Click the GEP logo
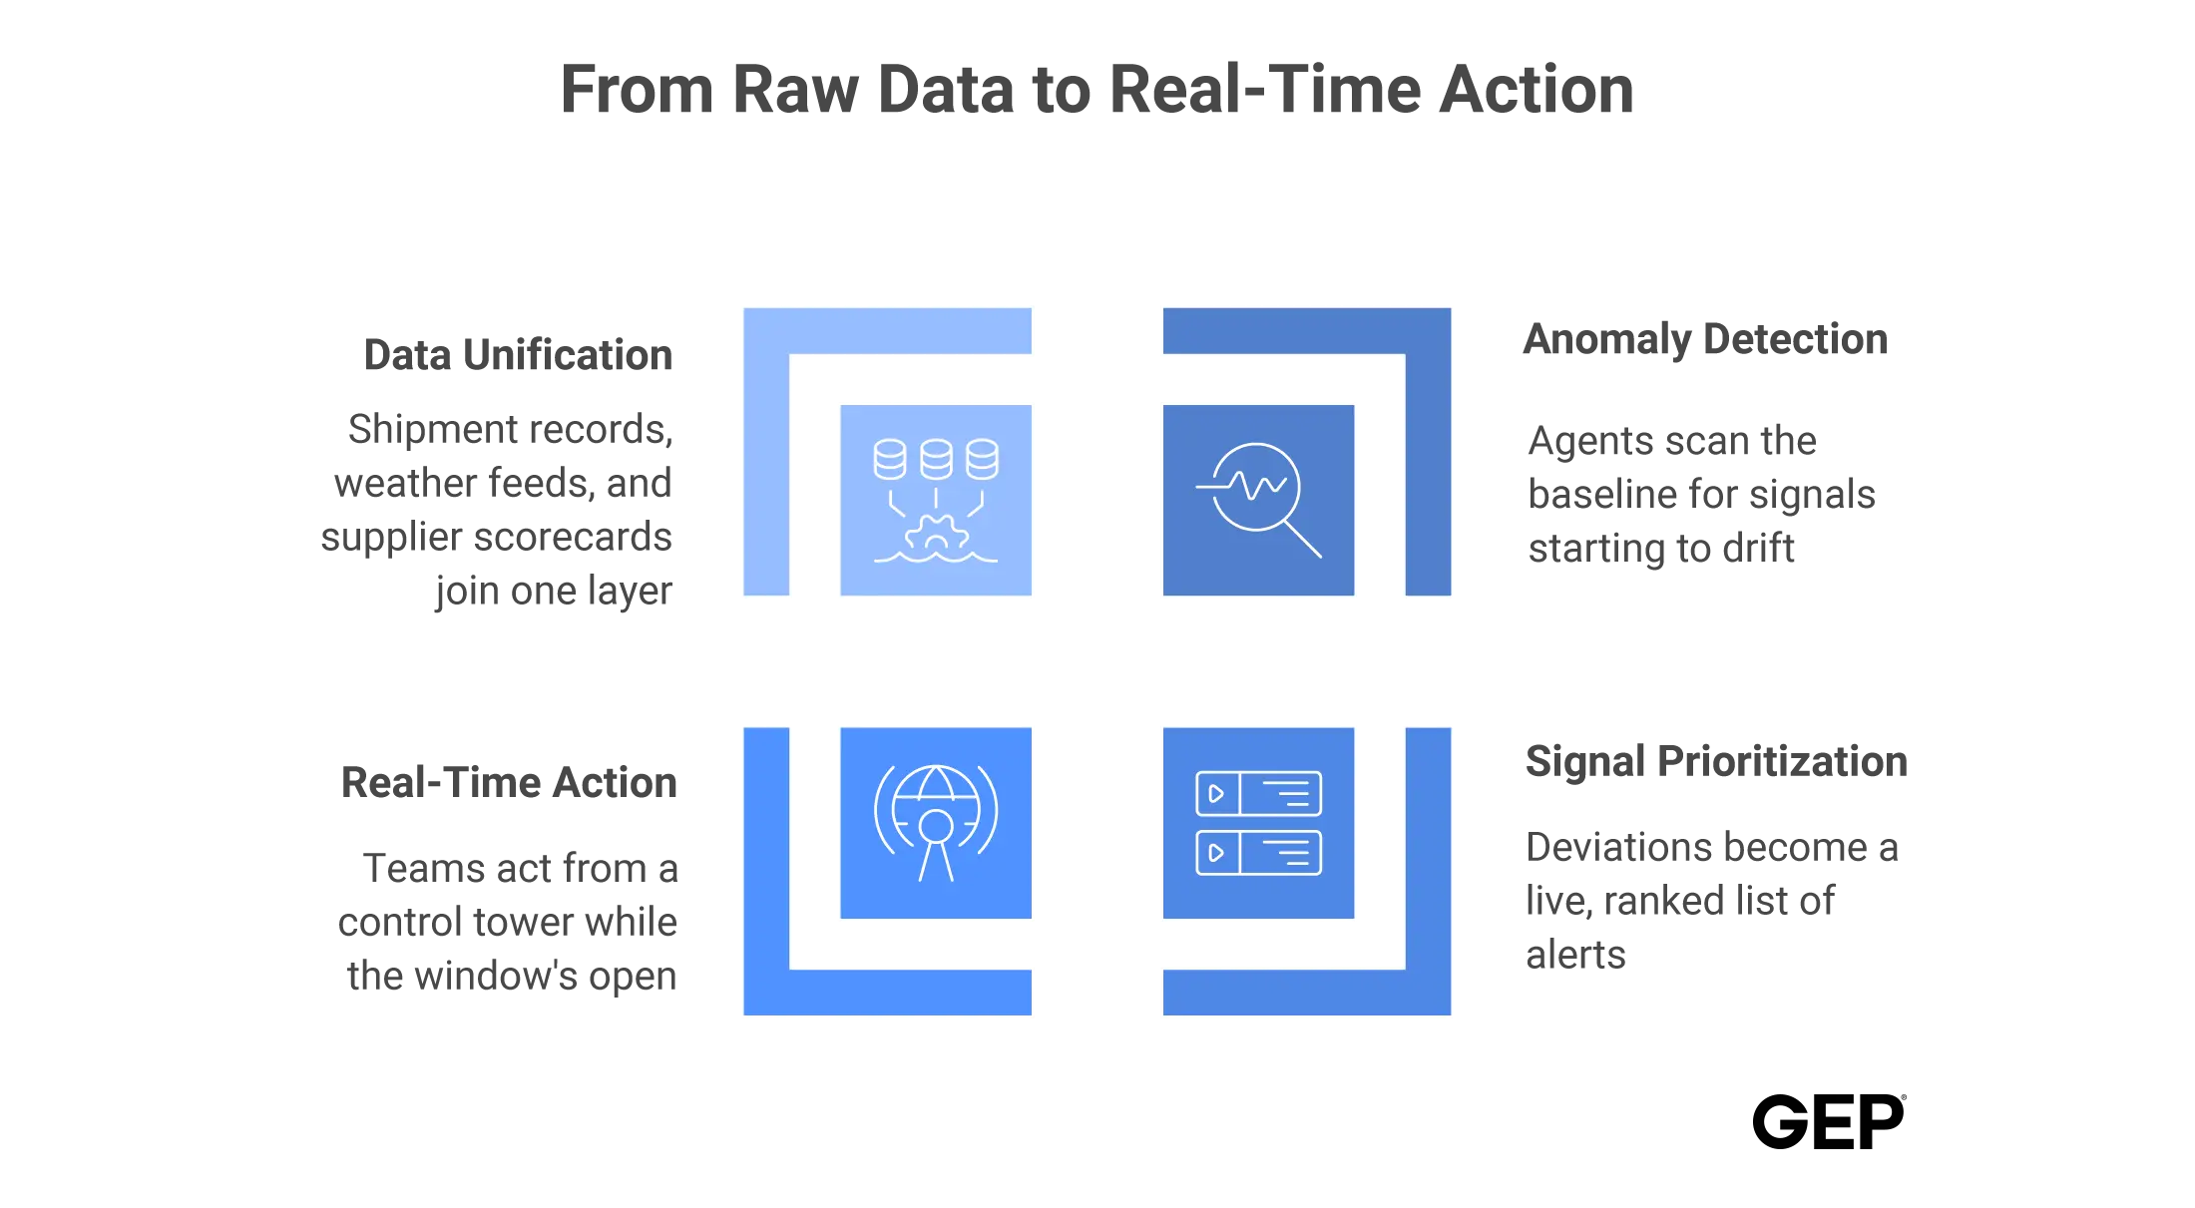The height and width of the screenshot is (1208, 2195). [x=1829, y=1121]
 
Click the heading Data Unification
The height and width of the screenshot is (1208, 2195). [x=518, y=355]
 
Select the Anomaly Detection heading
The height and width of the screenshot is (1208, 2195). [x=1705, y=340]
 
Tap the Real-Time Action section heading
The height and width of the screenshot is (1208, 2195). [x=509, y=783]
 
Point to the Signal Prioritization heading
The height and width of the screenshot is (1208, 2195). [x=1716, y=761]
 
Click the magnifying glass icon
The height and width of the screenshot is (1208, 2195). [x=1258, y=500]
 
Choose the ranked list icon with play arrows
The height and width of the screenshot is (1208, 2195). [x=1258, y=823]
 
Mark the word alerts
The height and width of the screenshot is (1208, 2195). [x=1576, y=955]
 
